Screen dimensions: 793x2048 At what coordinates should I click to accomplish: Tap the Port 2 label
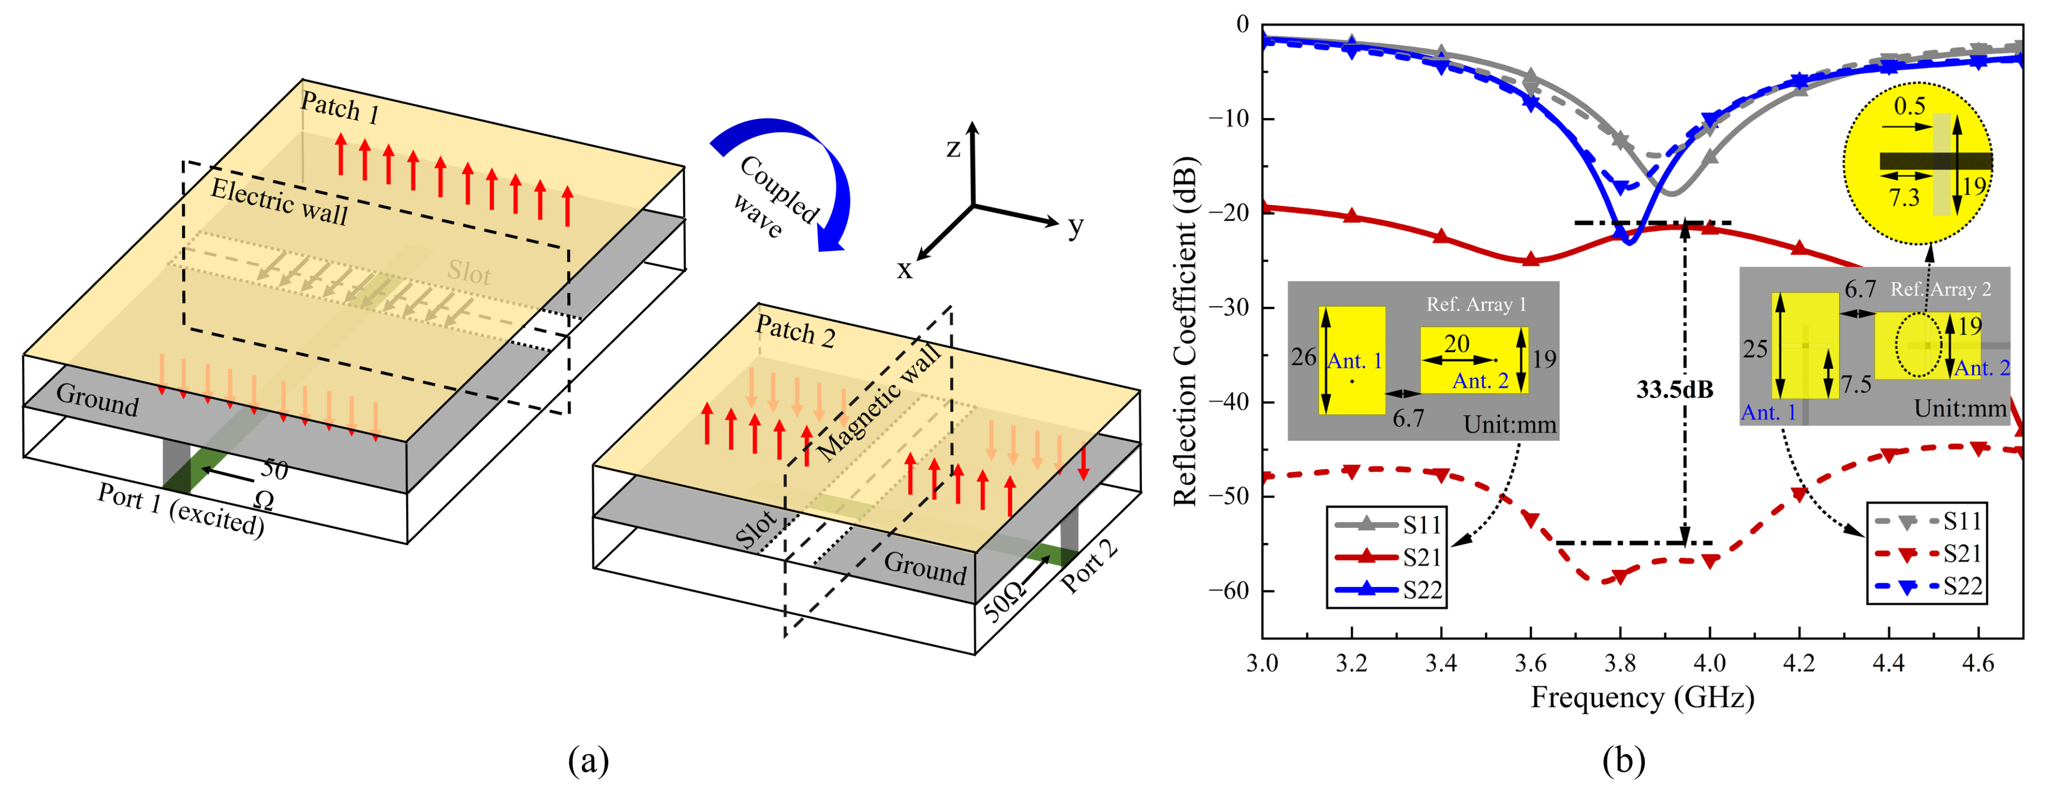point(1089,567)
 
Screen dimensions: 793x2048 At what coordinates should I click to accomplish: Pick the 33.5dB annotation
point(1674,390)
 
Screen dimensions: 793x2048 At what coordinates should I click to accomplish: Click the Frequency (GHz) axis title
point(1642,698)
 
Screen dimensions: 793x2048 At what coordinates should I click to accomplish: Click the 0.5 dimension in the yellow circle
point(1909,106)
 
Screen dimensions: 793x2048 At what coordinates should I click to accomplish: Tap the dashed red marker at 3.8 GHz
point(1619,577)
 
